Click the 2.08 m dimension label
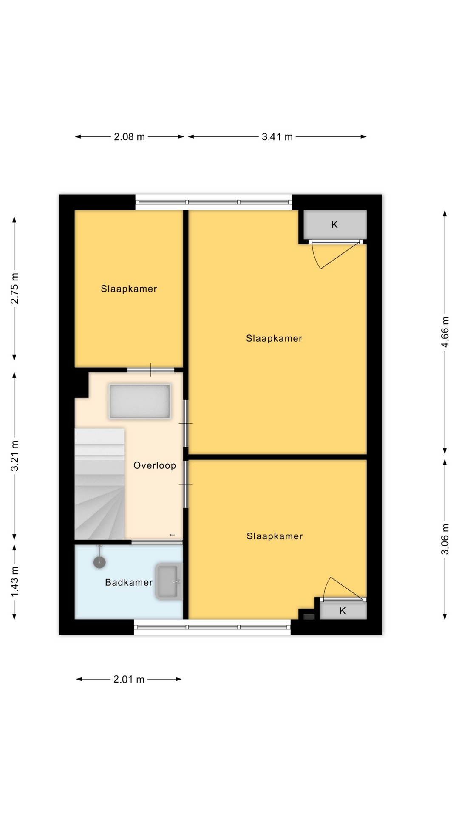[129, 137]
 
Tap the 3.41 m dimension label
[277, 137]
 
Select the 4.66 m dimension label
[445, 332]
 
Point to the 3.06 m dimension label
[445, 539]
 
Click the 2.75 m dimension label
[14, 289]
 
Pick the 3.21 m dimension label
[14, 456]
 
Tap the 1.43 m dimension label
[14, 581]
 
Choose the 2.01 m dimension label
[129, 680]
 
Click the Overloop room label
[155, 465]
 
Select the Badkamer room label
[129, 582]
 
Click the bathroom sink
[169, 581]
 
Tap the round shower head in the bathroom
[99, 562]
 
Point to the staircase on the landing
[99, 484]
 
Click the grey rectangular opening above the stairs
[140, 401]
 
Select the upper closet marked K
[335, 224]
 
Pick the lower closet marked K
[343, 611]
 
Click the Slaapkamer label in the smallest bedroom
[129, 289]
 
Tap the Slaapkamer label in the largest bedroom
[274, 339]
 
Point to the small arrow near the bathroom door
[172, 535]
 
